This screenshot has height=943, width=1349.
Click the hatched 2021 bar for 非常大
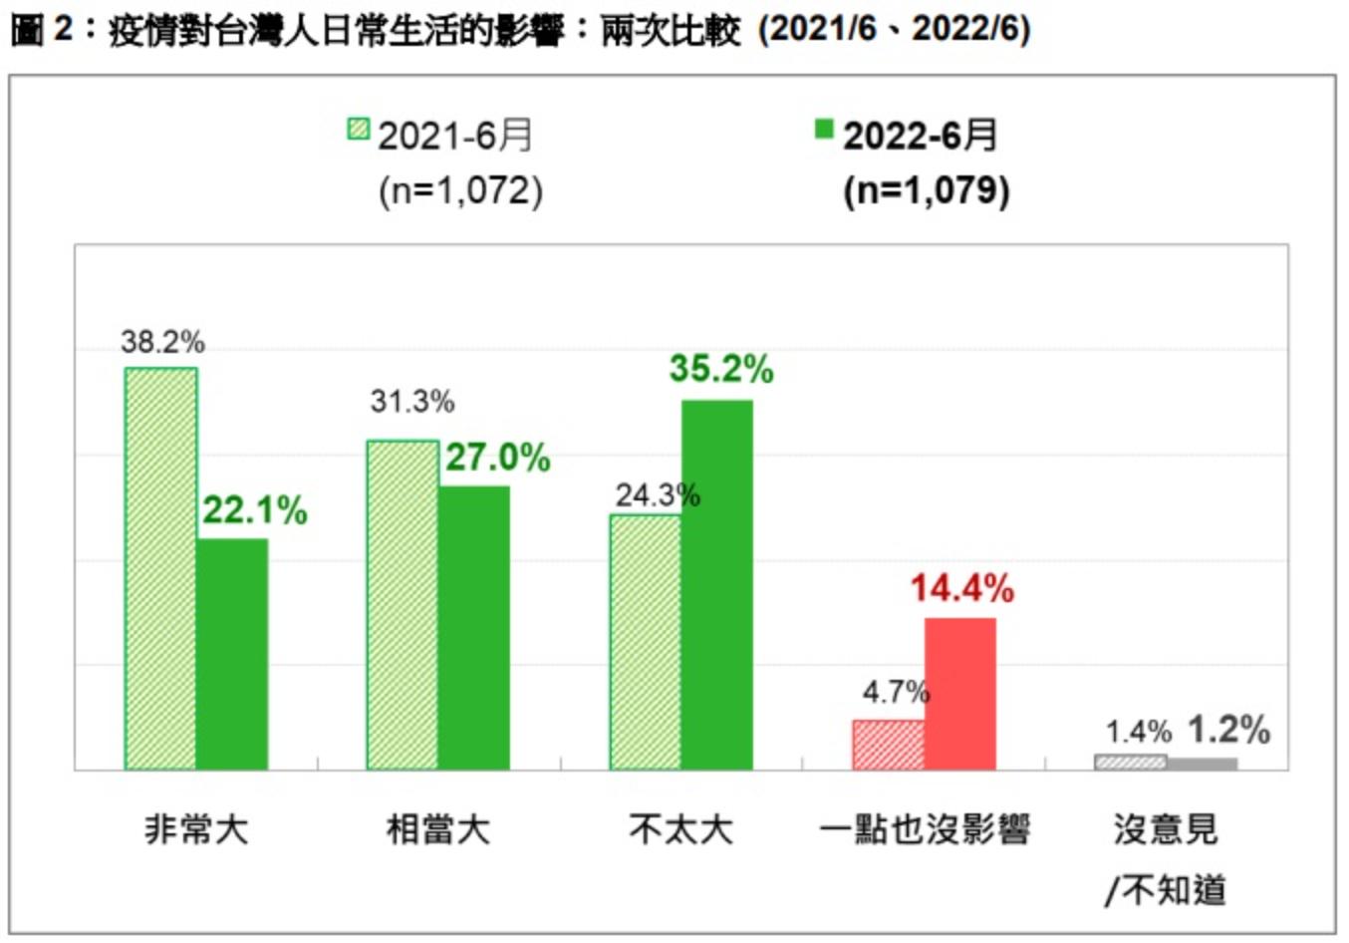pos(160,568)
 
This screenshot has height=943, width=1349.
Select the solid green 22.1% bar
pos(232,654)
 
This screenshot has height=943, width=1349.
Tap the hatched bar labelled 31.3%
pos(403,604)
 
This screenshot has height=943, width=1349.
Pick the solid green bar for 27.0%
pos(474,627)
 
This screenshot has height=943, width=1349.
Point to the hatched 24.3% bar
pos(646,642)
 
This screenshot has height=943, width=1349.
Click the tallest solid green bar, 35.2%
pos(717,584)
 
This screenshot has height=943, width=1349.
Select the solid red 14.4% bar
pos(960,693)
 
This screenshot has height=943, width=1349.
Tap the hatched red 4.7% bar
pos(888,744)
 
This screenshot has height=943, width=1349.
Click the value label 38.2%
pos(162,343)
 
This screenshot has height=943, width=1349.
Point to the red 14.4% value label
pos(961,588)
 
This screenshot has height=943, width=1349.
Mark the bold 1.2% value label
pos(1228,730)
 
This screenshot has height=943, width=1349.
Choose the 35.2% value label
pos(721,369)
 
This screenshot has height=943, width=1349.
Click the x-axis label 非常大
pos(195,829)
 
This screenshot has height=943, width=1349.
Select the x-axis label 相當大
pos(438,829)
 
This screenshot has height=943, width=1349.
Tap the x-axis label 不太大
pos(681,829)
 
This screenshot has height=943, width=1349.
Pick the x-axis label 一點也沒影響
pos(924,829)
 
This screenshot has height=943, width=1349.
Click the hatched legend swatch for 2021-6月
pos(359,130)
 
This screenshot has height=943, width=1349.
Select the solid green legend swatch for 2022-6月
pos(824,130)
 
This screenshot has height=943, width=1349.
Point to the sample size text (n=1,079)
pos(927,189)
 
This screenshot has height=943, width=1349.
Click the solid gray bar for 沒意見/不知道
pos(1203,764)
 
